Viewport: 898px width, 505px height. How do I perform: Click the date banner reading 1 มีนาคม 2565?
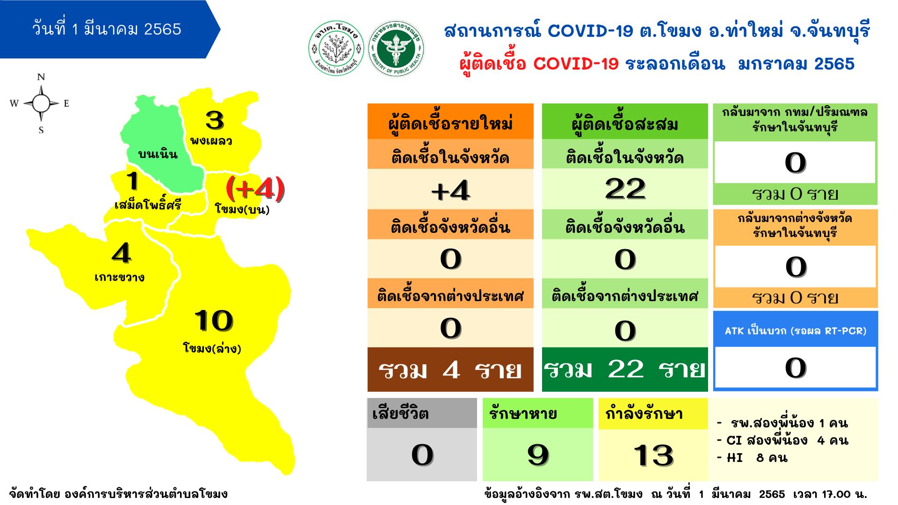(107, 29)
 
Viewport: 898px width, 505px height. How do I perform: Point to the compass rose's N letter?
(41, 77)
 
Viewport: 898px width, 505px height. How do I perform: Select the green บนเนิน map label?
(158, 154)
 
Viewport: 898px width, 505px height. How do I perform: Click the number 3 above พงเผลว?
(215, 120)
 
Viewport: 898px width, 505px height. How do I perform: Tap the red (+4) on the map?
(255, 189)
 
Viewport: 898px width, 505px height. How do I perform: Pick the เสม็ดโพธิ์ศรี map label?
(147, 205)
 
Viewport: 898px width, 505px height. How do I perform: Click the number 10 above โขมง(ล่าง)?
(214, 321)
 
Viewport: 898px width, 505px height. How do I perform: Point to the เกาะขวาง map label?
(119, 277)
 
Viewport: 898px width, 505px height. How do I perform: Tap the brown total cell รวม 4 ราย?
(450, 369)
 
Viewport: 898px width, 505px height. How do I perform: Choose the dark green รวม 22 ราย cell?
(625, 369)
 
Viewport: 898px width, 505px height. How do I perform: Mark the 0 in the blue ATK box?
(796, 368)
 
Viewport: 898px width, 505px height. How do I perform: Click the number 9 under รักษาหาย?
(538, 455)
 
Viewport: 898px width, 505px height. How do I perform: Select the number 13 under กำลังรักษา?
(653, 455)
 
